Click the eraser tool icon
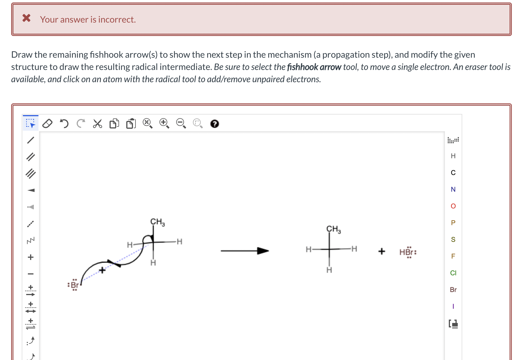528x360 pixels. click(x=47, y=123)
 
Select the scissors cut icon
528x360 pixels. click(x=97, y=123)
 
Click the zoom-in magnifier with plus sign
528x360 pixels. click(x=164, y=123)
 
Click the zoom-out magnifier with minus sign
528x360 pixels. click(x=181, y=123)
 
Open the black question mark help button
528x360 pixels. click(x=214, y=123)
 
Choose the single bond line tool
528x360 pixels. click(x=31, y=140)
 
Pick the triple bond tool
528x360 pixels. click(x=31, y=174)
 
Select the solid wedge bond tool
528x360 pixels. click(x=31, y=190)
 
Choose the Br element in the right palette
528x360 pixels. click(x=453, y=290)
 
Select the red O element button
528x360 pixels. click(x=453, y=206)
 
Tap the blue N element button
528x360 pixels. click(x=453, y=189)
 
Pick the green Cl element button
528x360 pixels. click(x=453, y=273)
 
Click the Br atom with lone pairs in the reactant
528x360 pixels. click(x=74, y=285)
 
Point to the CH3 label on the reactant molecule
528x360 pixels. click(x=157, y=222)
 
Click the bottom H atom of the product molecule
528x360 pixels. click(x=329, y=270)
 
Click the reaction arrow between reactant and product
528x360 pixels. click(x=244, y=251)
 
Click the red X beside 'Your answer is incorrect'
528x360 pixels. click(x=26, y=18)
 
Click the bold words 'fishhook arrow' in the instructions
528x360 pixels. click(x=314, y=67)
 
